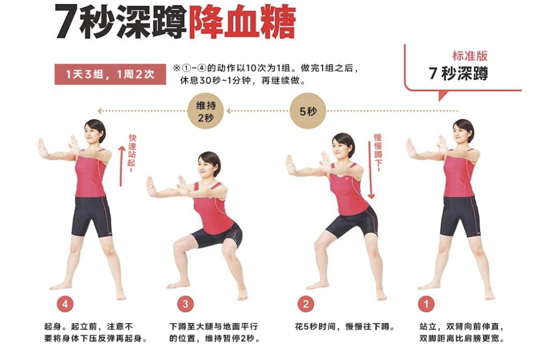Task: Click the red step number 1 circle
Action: [426, 304]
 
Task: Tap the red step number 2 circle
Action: [306, 304]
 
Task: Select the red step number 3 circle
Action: [185, 304]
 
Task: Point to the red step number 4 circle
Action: [65, 304]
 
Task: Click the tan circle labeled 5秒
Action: [308, 111]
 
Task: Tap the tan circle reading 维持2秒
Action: [205, 111]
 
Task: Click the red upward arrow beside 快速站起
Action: [121, 166]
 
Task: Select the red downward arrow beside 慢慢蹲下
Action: [371, 170]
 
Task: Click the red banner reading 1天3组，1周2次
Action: [110, 75]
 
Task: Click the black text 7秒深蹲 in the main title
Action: [120, 22]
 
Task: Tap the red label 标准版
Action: [469, 56]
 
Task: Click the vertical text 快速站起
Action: [132, 152]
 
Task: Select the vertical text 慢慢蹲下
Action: [378, 152]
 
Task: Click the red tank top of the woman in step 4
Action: [90, 174]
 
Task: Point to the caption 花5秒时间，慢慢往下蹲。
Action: [345, 327]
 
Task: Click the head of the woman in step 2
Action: [343, 146]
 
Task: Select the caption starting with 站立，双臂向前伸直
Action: [462, 332]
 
